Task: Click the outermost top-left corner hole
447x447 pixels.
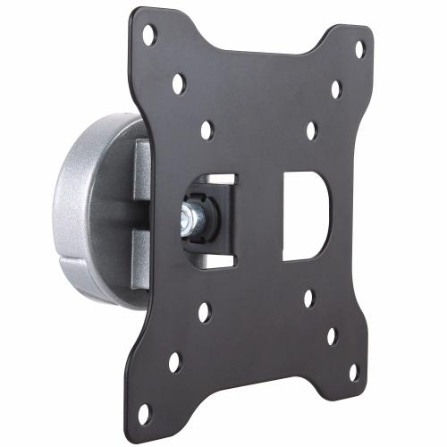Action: point(149,35)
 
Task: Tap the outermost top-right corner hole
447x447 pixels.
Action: point(359,48)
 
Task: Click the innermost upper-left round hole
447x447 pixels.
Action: point(207,130)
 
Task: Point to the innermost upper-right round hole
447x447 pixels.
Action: point(312,131)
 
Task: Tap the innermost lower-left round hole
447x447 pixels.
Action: point(205,312)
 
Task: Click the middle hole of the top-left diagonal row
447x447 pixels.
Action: point(179,83)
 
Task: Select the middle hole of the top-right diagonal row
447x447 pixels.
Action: point(336,89)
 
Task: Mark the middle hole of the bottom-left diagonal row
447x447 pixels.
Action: point(175,362)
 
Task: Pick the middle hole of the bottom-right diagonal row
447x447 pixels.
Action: point(332,336)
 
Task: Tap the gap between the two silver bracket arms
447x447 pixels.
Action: point(134,219)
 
